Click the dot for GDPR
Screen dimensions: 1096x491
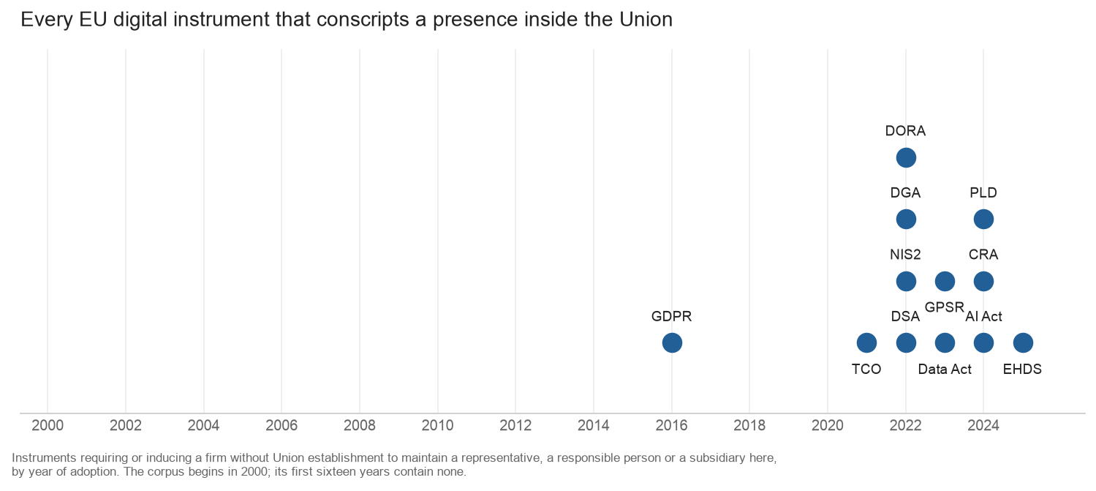pyautogui.click(x=672, y=342)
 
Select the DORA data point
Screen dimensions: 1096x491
pyautogui.click(x=906, y=157)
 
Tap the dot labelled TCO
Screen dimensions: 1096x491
pyautogui.click(x=866, y=342)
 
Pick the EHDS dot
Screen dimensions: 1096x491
pyautogui.click(x=1023, y=342)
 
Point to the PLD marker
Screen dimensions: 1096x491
pyautogui.click(x=983, y=220)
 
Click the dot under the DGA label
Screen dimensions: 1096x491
pyautogui.click(x=906, y=220)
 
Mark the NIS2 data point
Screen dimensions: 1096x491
pyautogui.click(x=906, y=282)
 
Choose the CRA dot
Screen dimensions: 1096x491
pyautogui.click(x=983, y=282)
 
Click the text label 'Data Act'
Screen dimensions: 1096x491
pyautogui.click(x=945, y=369)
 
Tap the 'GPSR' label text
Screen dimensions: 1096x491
pyautogui.click(x=945, y=307)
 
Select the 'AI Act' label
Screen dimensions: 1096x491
pyautogui.click(x=983, y=317)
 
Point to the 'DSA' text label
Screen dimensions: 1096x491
pyautogui.click(x=905, y=317)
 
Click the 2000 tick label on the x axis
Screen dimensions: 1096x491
pyautogui.click(x=48, y=425)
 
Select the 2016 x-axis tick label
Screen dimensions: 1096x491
pyautogui.click(x=672, y=425)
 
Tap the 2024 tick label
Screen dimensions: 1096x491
pyautogui.click(x=983, y=425)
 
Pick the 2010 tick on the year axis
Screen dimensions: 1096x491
pyautogui.click(x=437, y=425)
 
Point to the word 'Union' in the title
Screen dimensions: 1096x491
pyautogui.click(x=646, y=20)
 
